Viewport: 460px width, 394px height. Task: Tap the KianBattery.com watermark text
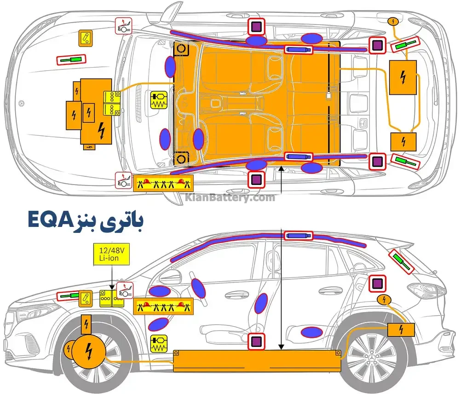230,198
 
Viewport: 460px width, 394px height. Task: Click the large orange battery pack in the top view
258,104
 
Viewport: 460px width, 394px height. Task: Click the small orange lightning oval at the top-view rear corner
393,21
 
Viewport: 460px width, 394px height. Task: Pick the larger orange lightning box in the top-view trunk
403,77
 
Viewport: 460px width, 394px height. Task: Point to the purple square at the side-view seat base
256,342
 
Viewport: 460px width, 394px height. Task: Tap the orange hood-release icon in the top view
85,38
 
